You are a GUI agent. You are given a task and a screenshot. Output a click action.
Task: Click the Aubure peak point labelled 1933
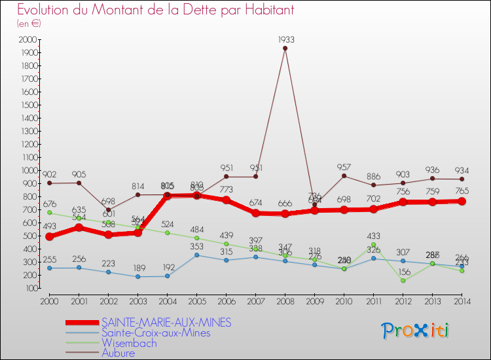(x=285, y=48)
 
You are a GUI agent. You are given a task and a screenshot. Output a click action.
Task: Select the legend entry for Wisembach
(x=129, y=343)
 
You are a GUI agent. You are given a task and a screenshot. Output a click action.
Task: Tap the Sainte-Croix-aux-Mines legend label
(x=156, y=333)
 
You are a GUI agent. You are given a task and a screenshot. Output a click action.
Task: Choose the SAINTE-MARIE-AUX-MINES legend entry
(x=166, y=323)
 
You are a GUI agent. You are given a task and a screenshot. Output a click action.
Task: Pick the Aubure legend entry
(x=118, y=353)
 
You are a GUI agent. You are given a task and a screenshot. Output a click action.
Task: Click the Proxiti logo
(x=416, y=331)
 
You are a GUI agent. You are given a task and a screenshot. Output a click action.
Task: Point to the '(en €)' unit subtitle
(x=29, y=24)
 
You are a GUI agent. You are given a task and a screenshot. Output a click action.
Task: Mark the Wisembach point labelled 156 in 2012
(x=403, y=281)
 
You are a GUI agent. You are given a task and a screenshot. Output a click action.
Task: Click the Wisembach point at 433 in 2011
(x=373, y=245)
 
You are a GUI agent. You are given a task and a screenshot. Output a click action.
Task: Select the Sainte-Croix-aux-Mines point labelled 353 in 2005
(x=196, y=255)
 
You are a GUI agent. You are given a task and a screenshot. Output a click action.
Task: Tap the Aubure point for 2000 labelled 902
(x=49, y=183)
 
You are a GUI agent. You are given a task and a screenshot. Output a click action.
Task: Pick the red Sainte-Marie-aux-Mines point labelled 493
(x=49, y=237)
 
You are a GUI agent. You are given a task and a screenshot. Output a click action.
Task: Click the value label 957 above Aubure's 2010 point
(x=344, y=167)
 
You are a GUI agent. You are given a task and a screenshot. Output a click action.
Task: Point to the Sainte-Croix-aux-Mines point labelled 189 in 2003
(x=137, y=276)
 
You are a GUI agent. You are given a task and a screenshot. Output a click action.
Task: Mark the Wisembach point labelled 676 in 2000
(x=49, y=213)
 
